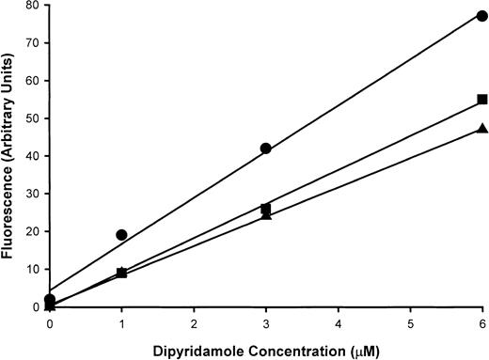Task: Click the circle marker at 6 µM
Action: (x=482, y=16)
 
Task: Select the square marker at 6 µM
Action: (x=482, y=99)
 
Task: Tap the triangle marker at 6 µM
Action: (x=482, y=128)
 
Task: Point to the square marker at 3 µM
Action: (x=266, y=209)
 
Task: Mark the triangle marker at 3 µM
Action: (x=266, y=215)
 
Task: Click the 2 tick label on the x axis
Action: (x=194, y=321)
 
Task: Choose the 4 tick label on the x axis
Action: (x=339, y=321)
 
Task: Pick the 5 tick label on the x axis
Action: (x=410, y=321)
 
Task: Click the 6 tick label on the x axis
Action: (x=482, y=321)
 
